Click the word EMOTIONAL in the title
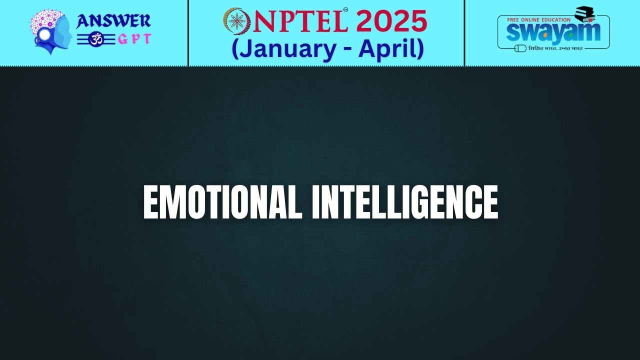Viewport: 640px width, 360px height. coord(223,202)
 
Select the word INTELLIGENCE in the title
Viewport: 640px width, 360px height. coord(405,202)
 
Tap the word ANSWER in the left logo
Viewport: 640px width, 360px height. coord(113,21)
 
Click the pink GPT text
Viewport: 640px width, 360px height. coord(134,39)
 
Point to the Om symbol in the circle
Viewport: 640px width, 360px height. coord(95,39)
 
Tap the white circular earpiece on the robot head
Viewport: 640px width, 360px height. coord(44,35)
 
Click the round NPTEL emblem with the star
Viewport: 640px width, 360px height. coord(236,21)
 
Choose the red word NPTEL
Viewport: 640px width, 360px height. coord(300,21)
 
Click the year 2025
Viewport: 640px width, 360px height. coord(391,21)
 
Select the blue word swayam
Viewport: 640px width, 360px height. coord(553,32)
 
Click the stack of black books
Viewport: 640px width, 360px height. coord(584,14)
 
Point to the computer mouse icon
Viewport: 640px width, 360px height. coord(520,48)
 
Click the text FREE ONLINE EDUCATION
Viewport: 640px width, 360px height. coord(538,19)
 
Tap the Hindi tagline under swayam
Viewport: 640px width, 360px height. coord(555,48)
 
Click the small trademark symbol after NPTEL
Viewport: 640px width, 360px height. coord(345,9)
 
